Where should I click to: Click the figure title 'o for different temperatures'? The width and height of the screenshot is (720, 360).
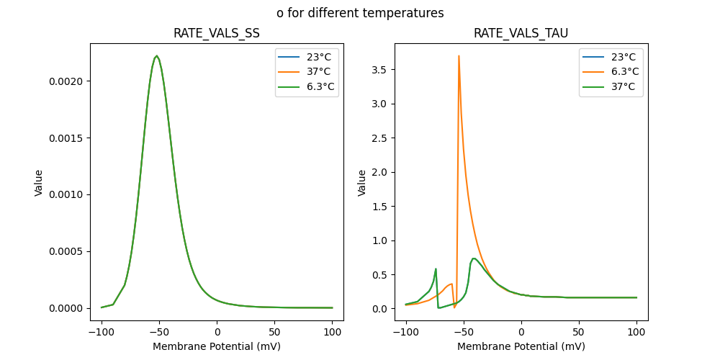tap(360, 13)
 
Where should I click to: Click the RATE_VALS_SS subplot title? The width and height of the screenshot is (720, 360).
tap(217, 34)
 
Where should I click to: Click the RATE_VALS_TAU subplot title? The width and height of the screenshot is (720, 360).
tap(521, 34)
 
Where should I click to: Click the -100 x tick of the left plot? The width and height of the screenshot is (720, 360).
tap(102, 333)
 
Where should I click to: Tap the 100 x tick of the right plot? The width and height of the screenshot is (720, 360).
tap(636, 333)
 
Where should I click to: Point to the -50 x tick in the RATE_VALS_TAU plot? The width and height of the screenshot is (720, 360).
tap(464, 333)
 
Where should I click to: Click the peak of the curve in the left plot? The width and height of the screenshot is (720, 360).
tap(157, 56)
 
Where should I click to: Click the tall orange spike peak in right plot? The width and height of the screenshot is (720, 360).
tap(459, 56)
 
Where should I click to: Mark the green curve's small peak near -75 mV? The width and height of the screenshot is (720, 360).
tap(436, 269)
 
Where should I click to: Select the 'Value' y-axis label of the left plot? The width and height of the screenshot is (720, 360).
tap(39, 183)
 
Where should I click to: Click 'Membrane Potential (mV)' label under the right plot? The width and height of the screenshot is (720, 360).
tap(521, 346)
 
